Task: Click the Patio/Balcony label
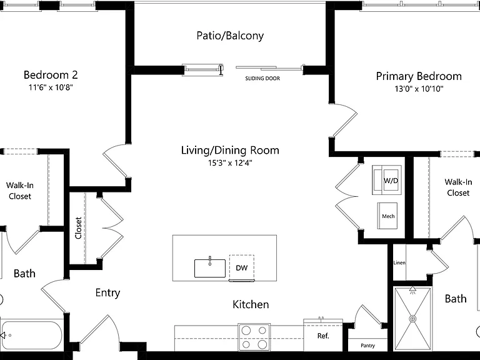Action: (230, 36)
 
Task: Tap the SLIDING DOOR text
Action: (262, 78)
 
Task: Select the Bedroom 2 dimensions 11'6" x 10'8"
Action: (51, 87)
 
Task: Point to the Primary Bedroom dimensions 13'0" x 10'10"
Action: (419, 89)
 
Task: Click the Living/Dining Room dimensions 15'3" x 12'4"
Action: (230, 163)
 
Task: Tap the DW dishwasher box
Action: (241, 267)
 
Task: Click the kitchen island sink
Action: (210, 268)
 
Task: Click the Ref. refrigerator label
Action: (323, 336)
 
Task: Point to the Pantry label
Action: (367, 346)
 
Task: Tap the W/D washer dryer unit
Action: (387, 180)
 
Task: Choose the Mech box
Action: (387, 216)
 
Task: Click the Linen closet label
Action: (399, 262)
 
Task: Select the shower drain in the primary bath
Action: (413, 319)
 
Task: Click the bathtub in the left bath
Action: (31, 335)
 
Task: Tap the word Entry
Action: (107, 292)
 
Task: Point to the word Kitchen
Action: (251, 304)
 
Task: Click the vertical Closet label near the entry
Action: (78, 228)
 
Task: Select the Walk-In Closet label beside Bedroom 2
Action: (20, 191)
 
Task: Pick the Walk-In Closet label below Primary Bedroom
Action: (458, 187)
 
